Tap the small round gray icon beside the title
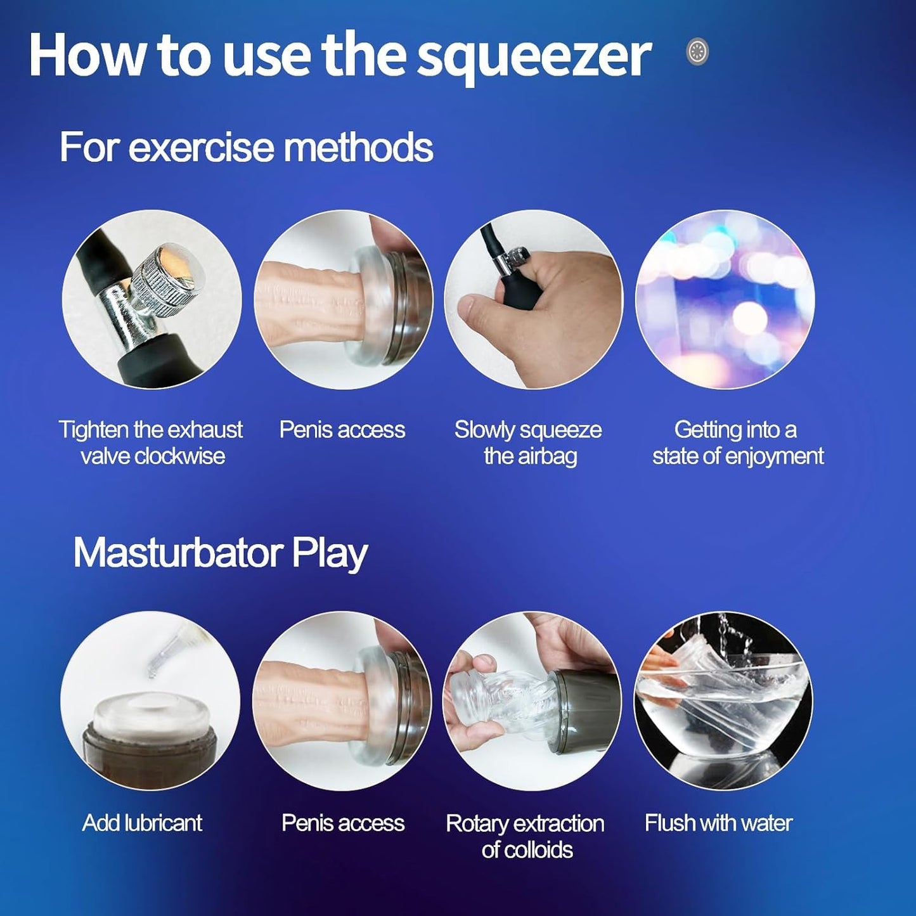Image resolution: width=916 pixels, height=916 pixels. coord(698,51)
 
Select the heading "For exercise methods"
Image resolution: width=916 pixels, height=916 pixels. coord(246,147)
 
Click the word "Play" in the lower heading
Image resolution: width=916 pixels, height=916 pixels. coord(330,553)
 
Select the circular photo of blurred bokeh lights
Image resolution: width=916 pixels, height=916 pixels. coord(725,299)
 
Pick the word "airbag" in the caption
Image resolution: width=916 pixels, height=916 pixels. coord(547,457)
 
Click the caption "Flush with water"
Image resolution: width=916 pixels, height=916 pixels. coord(718,823)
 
